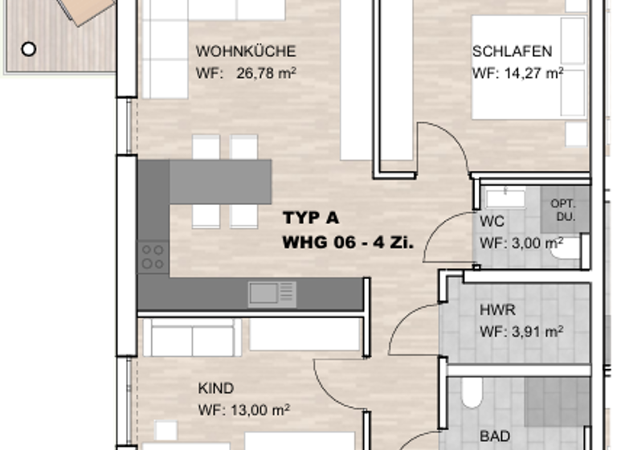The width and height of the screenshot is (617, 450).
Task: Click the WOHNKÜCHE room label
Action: tap(246, 52)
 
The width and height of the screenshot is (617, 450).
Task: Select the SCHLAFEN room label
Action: tap(512, 52)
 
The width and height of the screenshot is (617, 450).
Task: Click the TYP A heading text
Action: tap(310, 218)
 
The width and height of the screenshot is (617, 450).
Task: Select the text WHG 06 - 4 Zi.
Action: tap(348, 241)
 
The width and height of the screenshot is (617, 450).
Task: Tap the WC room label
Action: tap(492, 223)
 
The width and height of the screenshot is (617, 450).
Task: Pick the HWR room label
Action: tap(496, 309)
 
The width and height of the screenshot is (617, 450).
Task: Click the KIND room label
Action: tap(215, 389)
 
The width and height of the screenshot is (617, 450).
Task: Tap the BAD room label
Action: tap(494, 436)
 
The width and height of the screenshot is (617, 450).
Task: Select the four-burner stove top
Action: tap(153, 257)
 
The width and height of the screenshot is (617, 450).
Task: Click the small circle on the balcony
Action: tap(28, 49)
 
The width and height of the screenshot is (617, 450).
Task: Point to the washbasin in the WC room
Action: tap(505, 197)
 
